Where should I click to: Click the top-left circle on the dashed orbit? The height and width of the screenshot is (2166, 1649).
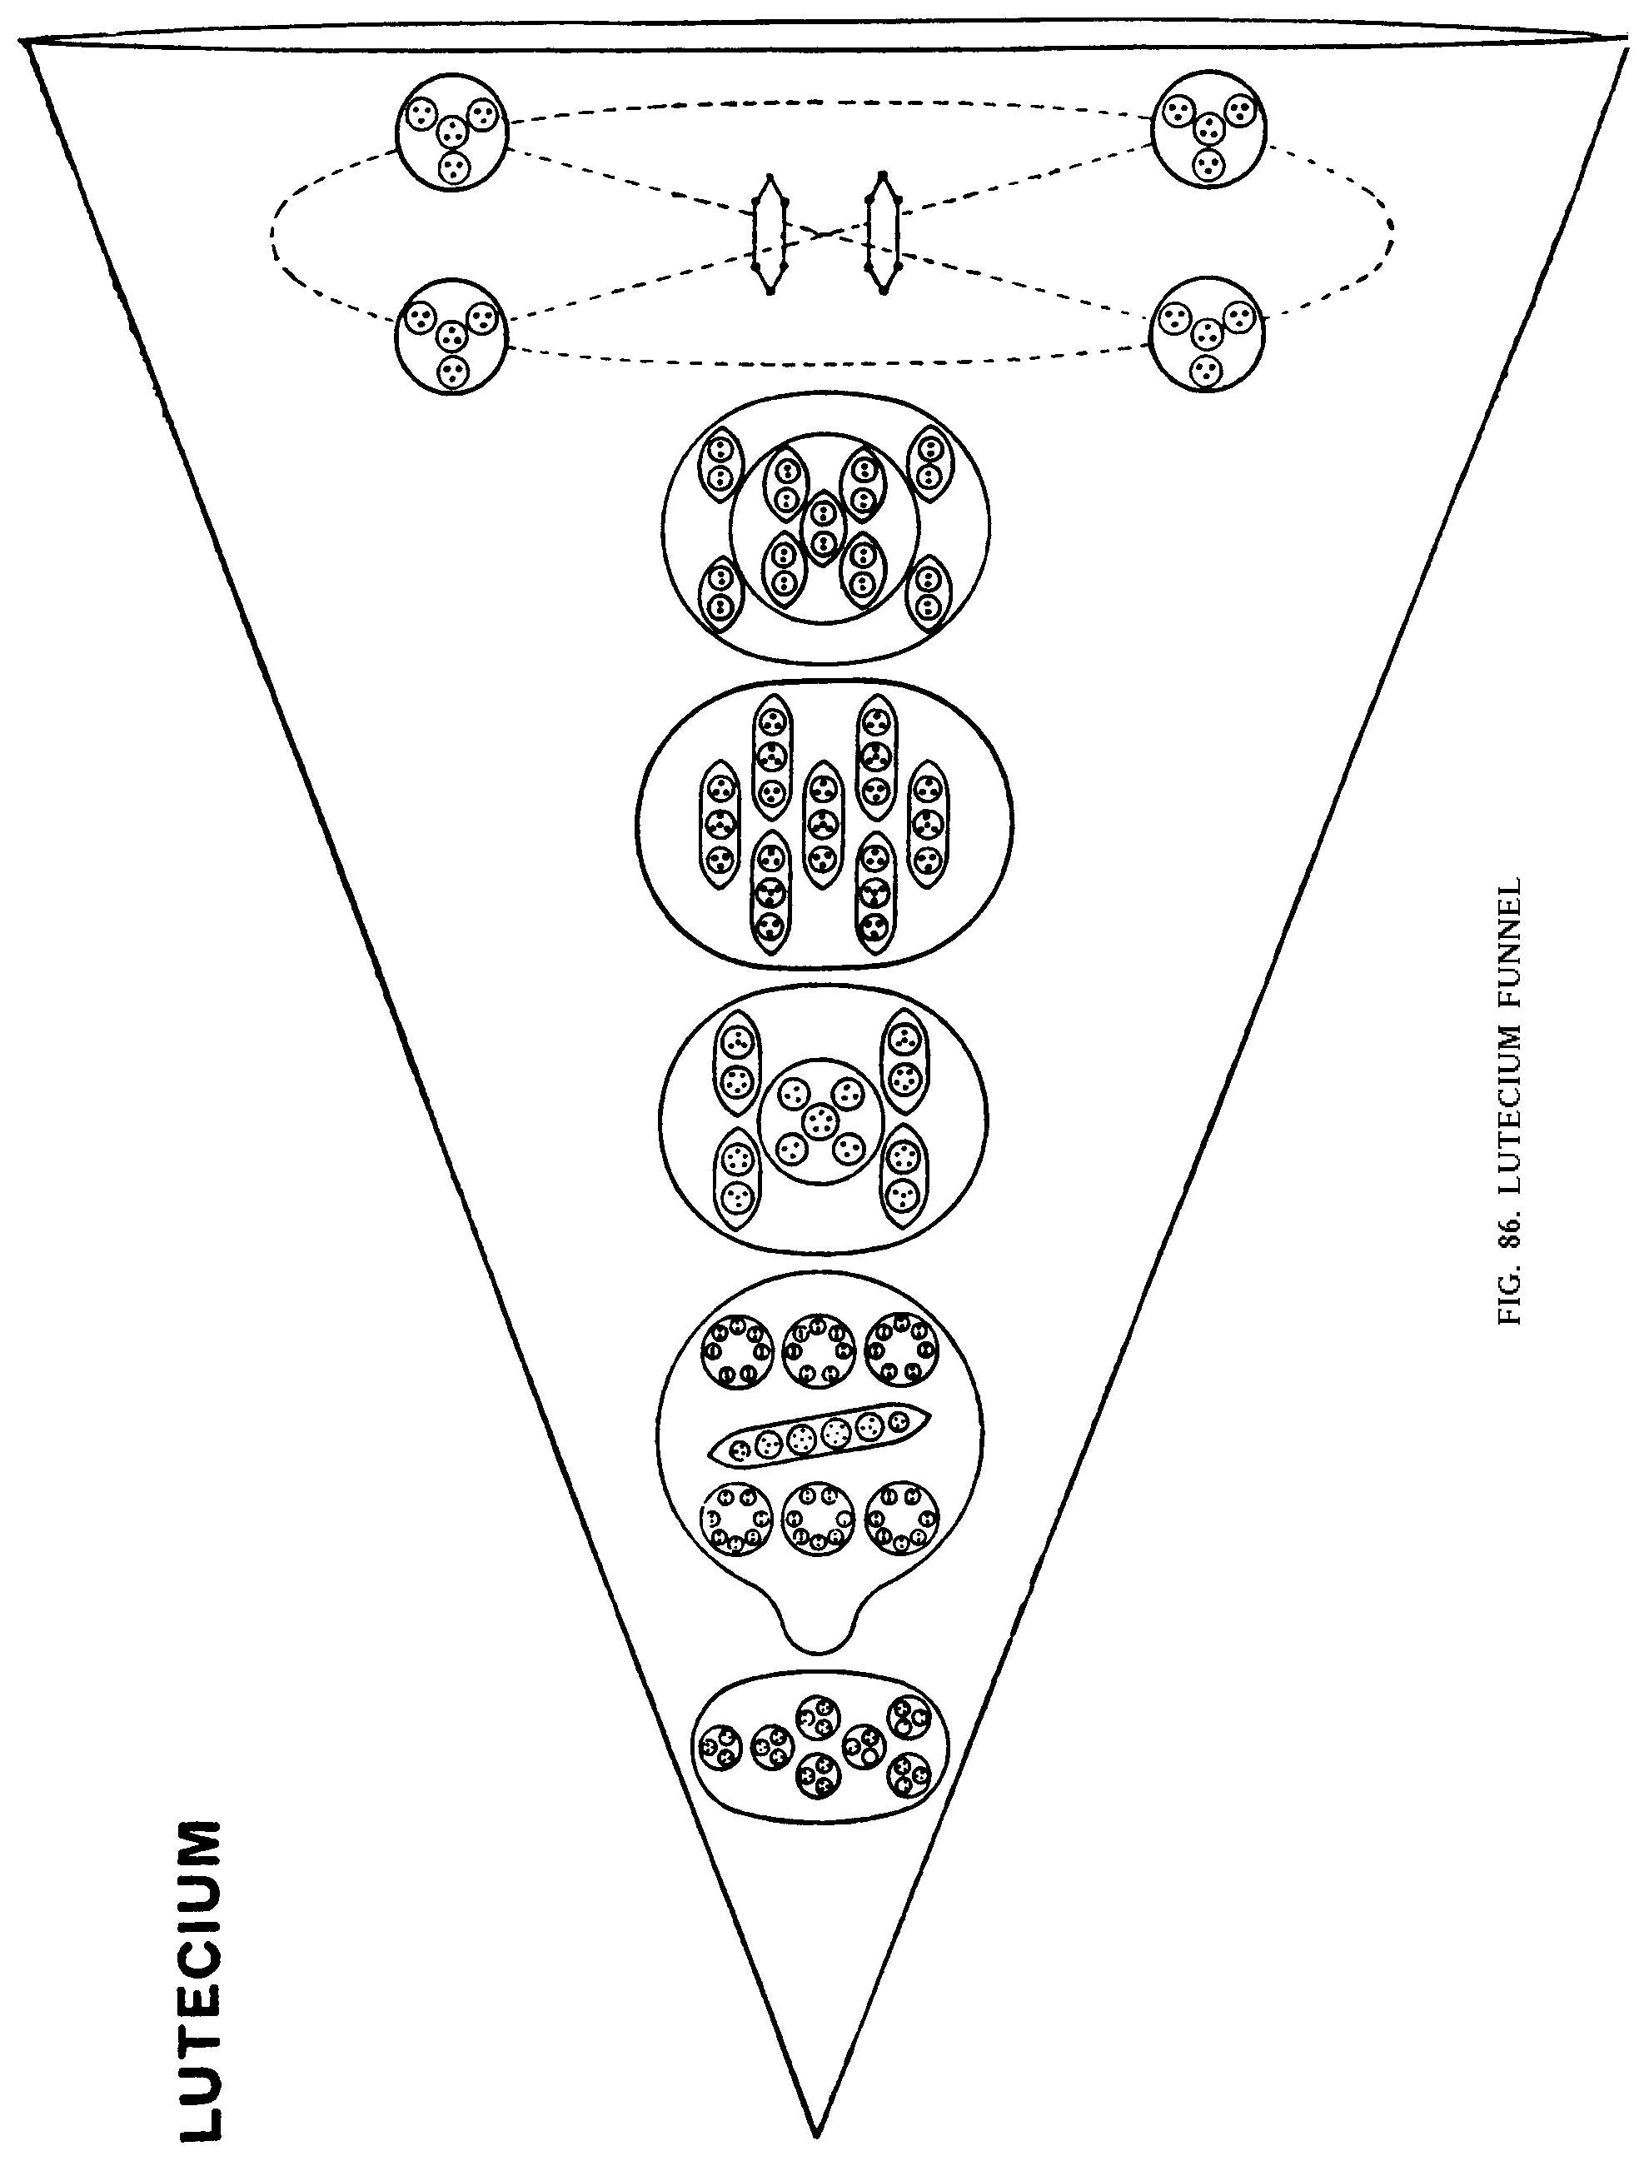coord(452,131)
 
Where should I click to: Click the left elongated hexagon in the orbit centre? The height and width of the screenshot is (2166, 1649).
coord(770,235)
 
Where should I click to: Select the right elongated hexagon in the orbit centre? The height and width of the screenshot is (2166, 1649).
coord(884,232)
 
